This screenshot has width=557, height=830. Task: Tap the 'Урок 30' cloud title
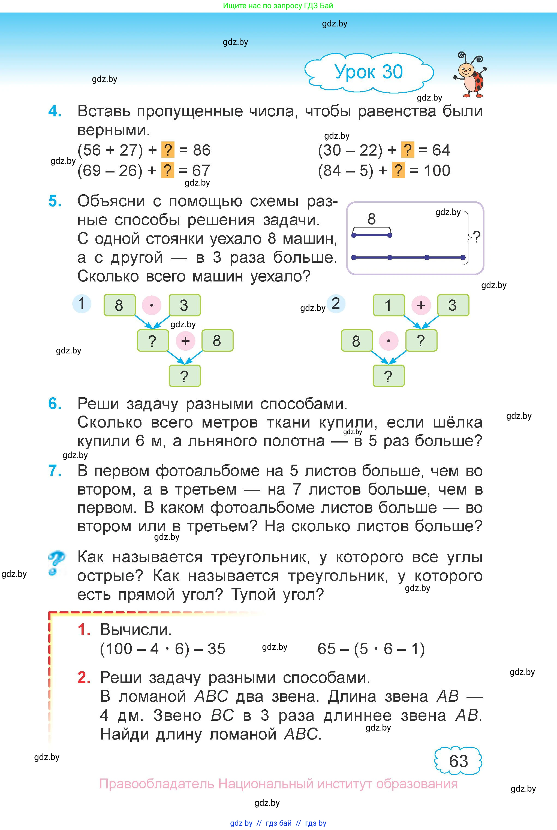tap(369, 72)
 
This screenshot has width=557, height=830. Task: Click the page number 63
tap(458, 761)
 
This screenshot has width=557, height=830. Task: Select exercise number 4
tap(55, 111)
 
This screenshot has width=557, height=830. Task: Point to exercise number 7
tap(55, 471)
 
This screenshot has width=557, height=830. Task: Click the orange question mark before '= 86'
tap(168, 150)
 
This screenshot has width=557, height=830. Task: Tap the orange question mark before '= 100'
tap(399, 170)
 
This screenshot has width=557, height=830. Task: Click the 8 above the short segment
tap(372, 219)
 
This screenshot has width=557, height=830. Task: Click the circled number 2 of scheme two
tap(336, 304)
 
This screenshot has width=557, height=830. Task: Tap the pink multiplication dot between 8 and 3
tap(152, 305)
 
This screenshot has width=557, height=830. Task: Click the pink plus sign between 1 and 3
tap(421, 305)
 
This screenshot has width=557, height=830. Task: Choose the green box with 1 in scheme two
tap(389, 305)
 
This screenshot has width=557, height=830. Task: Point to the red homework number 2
tap(84, 677)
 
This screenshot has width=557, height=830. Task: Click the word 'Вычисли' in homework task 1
tap(136, 629)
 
